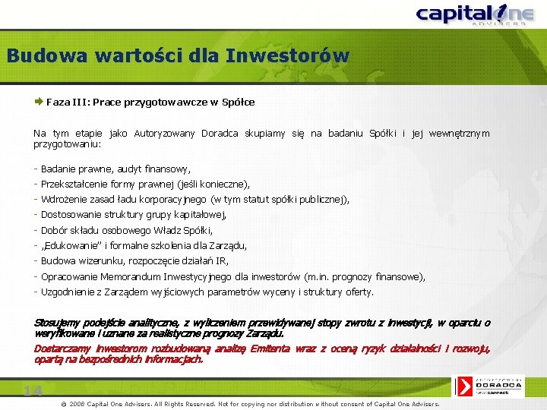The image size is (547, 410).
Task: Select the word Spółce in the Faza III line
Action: tap(238, 102)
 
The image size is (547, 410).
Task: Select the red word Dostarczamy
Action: tap(62, 348)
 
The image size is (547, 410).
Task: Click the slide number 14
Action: tap(32, 391)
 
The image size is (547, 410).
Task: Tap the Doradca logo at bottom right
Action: tap(498, 386)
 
